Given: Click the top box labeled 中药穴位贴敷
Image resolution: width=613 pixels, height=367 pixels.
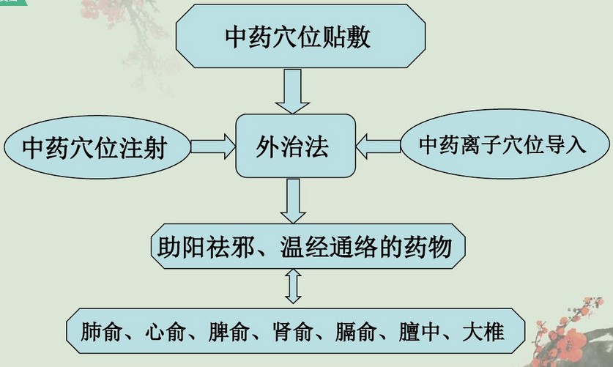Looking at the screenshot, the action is tap(300, 37).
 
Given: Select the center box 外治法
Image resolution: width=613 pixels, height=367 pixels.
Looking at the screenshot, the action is tap(296, 146).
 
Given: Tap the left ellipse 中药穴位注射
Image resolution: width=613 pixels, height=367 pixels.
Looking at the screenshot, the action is tap(97, 147).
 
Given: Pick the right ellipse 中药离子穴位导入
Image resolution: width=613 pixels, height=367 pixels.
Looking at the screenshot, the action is tap(505, 144).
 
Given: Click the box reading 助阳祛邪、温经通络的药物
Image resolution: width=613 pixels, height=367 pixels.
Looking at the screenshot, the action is tap(308, 246).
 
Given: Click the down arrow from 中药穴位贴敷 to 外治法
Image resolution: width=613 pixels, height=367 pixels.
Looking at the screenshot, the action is tap(292, 92).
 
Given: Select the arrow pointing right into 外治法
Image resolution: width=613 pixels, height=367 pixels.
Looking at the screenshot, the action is tap(213, 147).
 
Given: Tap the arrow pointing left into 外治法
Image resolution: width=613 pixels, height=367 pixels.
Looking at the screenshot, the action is tap(378, 147).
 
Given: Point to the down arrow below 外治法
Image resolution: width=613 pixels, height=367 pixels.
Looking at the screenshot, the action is tap(293, 201).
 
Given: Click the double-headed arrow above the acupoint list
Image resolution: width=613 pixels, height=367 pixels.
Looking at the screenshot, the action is tap(293, 286).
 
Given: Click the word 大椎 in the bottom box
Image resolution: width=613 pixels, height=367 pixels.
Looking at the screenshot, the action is tap(483, 332).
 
